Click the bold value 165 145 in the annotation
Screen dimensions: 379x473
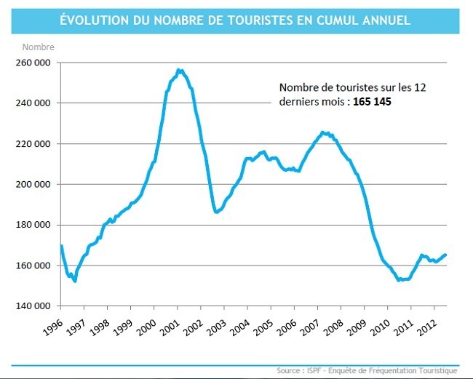tap(373, 102)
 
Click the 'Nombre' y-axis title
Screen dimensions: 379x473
tap(38, 47)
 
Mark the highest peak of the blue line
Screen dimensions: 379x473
tap(179, 70)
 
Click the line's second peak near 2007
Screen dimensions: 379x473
tap(325, 132)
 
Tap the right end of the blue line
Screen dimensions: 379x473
tap(445, 255)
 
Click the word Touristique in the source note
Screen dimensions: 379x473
tap(435, 370)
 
